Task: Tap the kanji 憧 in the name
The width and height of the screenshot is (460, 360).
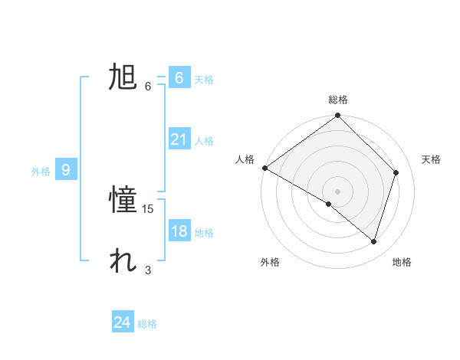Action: click(123, 201)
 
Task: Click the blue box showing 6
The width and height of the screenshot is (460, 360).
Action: click(179, 77)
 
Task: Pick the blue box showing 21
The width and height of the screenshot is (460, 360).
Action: click(179, 139)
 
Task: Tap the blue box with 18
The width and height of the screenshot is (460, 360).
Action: click(179, 231)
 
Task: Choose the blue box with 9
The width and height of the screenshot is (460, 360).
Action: click(66, 170)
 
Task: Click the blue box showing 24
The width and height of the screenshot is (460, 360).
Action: click(122, 322)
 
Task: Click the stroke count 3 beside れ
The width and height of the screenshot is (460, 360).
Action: click(148, 270)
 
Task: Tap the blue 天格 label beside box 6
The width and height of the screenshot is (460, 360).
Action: click(204, 79)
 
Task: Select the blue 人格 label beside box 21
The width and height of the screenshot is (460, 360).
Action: click(204, 141)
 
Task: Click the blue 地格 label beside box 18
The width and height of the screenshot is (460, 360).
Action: click(204, 233)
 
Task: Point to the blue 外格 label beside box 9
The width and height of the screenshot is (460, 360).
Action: click(41, 172)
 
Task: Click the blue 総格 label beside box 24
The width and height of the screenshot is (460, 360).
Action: click(147, 324)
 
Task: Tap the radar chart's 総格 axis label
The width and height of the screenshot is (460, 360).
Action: click(338, 100)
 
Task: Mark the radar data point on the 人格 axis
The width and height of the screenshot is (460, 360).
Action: click(264, 168)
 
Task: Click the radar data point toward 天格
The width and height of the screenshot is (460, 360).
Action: click(396, 172)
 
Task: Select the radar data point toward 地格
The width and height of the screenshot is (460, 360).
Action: click(373, 241)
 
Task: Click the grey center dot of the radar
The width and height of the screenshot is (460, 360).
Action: click(337, 191)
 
